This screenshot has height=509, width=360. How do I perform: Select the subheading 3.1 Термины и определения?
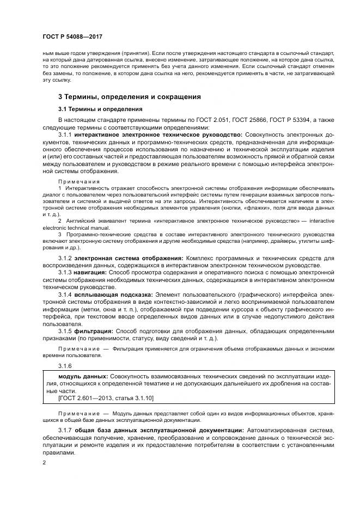(x=100, y=109)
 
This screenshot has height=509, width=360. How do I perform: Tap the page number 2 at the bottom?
(x=44, y=462)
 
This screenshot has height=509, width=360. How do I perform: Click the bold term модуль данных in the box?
(x=83, y=377)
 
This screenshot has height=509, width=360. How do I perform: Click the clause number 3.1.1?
(x=65, y=134)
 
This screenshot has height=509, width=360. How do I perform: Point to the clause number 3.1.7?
(x=65, y=431)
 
